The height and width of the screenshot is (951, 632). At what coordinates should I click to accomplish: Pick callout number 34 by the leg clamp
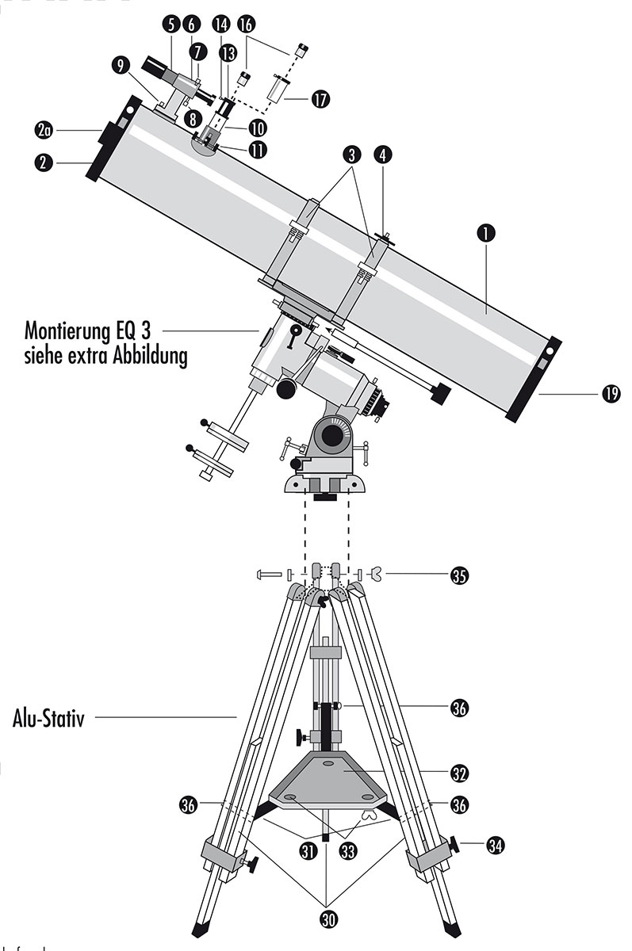495,846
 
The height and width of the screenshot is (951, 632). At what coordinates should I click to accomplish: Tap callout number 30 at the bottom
327,919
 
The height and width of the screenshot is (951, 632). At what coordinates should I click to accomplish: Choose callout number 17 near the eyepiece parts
320,101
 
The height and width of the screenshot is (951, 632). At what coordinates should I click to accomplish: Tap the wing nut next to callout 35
379,575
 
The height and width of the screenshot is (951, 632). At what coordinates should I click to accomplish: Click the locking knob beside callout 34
454,845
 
